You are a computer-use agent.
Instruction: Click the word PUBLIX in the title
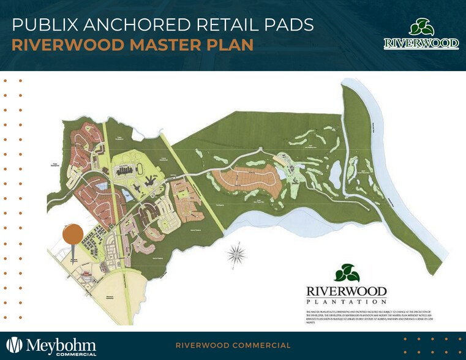click(43, 25)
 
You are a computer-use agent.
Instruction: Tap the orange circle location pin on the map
click(73, 233)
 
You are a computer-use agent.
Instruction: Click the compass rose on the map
click(237, 251)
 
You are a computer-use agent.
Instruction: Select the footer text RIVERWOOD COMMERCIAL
click(233, 345)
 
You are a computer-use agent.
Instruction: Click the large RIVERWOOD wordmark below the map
click(347, 290)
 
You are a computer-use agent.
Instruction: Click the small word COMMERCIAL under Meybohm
click(76, 354)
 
